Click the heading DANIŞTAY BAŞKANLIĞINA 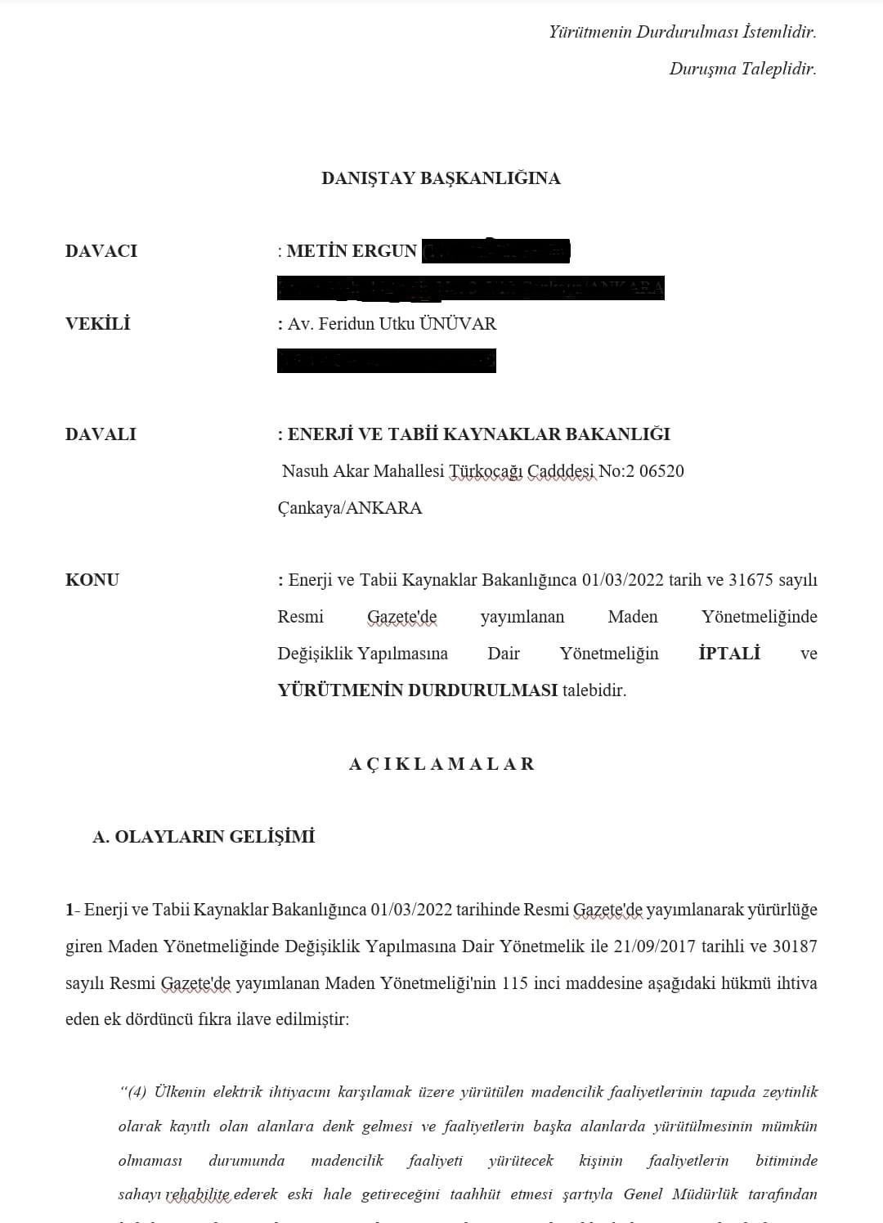pyautogui.click(x=441, y=178)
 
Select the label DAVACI pyautogui.click(x=101, y=251)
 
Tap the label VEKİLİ pyautogui.click(x=97, y=324)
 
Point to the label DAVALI pyautogui.click(x=101, y=434)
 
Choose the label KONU pyautogui.click(x=92, y=580)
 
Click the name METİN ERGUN pyautogui.click(x=352, y=251)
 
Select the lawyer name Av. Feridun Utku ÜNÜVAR pyautogui.click(x=392, y=324)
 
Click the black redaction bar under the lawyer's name pyautogui.click(x=387, y=361)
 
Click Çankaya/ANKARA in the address pyautogui.click(x=350, y=508)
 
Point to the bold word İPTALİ pyautogui.click(x=729, y=654)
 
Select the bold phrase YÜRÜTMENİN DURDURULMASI pyautogui.click(x=418, y=690)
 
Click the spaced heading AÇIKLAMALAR pyautogui.click(x=441, y=764)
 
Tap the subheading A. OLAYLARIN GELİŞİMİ pyautogui.click(x=204, y=837)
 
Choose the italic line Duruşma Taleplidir pyautogui.click(x=742, y=69)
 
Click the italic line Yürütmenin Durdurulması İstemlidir pyautogui.click(x=683, y=32)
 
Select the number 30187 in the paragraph pyautogui.click(x=794, y=946)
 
